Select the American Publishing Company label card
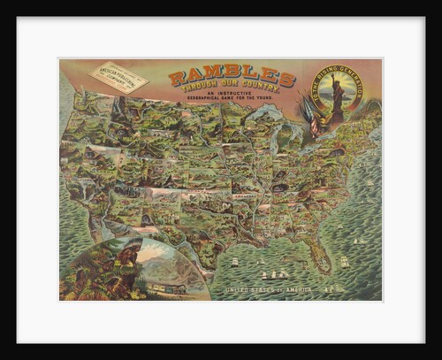point(118,77)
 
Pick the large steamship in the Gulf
point(274,274)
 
